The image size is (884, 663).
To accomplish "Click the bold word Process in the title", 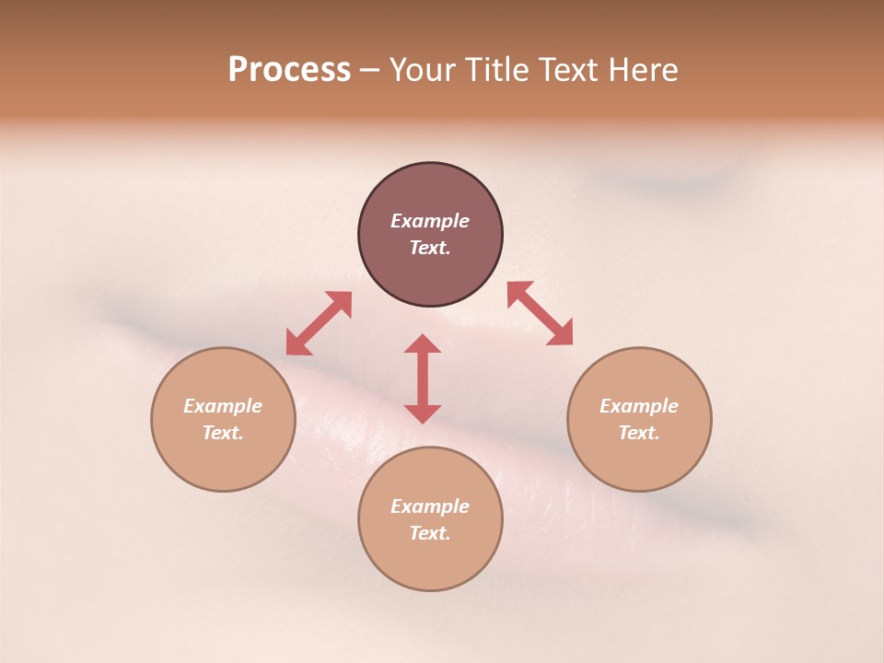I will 289,70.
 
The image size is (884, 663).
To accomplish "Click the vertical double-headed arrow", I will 423,378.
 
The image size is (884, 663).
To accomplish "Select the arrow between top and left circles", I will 319,323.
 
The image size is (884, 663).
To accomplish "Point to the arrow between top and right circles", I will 540,313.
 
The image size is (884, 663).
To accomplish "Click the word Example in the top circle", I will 430,221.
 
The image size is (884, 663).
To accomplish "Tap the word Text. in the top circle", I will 430,248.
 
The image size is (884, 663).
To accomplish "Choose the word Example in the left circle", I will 223,406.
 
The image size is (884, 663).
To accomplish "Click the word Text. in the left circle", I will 223,433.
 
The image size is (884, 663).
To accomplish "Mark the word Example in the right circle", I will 639,406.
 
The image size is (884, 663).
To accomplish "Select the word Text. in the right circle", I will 639,433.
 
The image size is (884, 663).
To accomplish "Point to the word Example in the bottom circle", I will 430,506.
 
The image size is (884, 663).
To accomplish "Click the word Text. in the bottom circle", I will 430,533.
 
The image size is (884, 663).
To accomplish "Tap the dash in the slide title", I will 370,71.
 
